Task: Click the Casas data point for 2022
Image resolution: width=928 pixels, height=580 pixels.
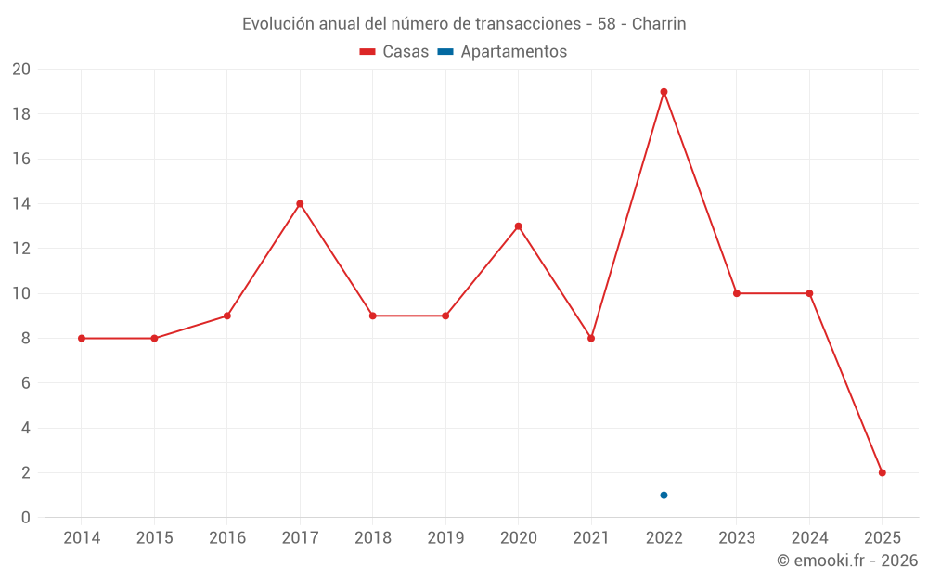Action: click(x=664, y=92)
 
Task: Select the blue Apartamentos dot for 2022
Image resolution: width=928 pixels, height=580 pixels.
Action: click(x=664, y=495)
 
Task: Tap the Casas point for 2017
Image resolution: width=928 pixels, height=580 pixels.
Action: click(x=300, y=204)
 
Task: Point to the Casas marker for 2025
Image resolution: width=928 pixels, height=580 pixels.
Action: click(x=882, y=472)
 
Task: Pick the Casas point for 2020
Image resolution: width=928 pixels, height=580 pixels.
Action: click(x=518, y=226)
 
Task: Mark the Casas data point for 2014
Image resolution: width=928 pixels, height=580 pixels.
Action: click(x=82, y=339)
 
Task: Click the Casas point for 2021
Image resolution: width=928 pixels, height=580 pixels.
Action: click(x=591, y=339)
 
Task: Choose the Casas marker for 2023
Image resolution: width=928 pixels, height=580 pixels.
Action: click(x=737, y=293)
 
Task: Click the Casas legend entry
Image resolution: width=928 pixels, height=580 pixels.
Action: click(x=394, y=52)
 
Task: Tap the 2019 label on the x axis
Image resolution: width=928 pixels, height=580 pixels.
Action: click(x=445, y=538)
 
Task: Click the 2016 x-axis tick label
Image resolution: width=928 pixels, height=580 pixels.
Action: click(x=227, y=538)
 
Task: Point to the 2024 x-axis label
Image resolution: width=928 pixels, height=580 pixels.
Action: click(x=809, y=538)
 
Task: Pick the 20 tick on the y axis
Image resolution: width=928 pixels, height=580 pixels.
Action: click(x=21, y=70)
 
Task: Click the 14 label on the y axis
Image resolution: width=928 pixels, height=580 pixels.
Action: click(x=21, y=204)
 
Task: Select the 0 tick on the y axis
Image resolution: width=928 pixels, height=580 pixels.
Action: click(x=26, y=518)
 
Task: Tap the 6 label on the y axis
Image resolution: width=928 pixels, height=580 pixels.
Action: click(x=26, y=383)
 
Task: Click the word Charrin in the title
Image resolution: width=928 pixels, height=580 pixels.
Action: click(x=659, y=24)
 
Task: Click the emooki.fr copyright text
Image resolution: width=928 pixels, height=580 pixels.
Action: click(x=847, y=561)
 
